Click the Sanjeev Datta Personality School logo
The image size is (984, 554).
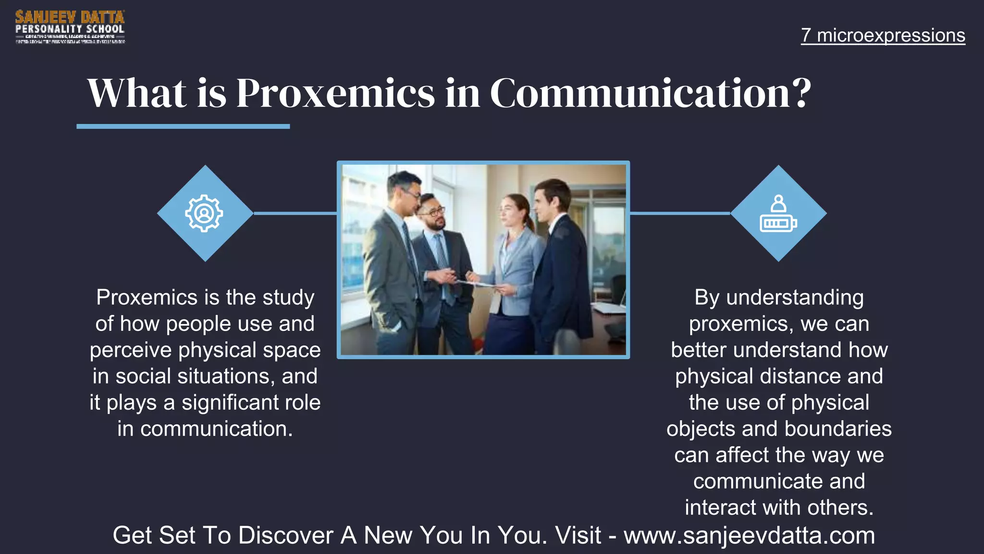(70, 27)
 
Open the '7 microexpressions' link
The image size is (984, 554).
(883, 35)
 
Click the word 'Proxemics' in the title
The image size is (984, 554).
(335, 93)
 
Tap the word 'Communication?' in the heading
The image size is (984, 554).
(650, 93)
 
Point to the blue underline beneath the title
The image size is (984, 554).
(183, 126)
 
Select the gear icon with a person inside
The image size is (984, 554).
(204, 213)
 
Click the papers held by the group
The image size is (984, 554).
(480, 284)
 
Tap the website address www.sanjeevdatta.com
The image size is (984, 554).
(749, 535)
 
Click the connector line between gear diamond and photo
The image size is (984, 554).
(295, 213)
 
